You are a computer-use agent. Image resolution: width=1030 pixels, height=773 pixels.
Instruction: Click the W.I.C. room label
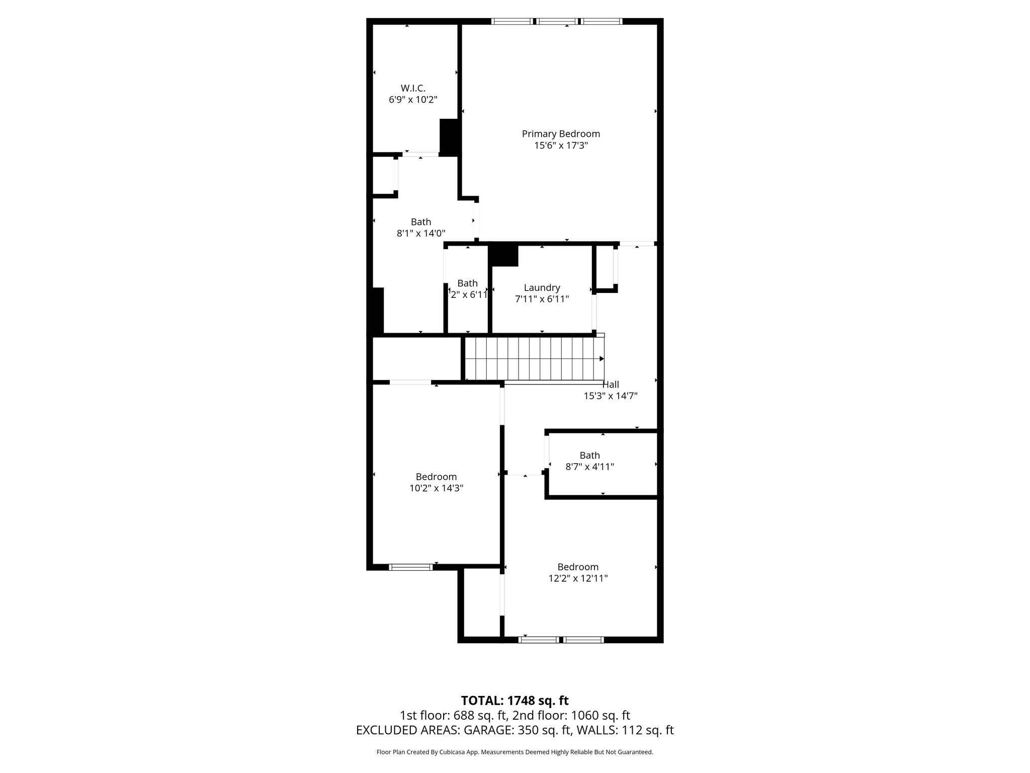click(x=413, y=88)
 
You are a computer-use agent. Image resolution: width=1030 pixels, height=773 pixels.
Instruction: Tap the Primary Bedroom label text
click(x=561, y=134)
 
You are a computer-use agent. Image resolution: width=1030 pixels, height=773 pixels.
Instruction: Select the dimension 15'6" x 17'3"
click(x=561, y=145)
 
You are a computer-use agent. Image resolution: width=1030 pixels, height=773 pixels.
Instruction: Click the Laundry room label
click(x=542, y=287)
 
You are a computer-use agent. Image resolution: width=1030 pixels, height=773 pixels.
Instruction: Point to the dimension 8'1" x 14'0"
click(x=421, y=233)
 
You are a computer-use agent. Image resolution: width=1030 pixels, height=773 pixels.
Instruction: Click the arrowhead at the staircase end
click(x=602, y=359)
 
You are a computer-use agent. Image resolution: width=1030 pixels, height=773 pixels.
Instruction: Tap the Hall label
click(x=611, y=384)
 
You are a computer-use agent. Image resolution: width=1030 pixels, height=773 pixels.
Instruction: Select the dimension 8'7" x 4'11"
click(x=589, y=467)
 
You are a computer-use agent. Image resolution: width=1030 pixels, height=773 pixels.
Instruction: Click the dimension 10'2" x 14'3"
click(x=436, y=488)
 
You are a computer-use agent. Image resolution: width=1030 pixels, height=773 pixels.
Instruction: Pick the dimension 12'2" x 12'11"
click(x=578, y=578)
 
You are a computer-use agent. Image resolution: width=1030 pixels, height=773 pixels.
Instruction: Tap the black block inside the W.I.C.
click(x=450, y=136)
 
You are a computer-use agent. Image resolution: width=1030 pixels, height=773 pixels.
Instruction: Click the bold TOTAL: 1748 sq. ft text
click(x=514, y=701)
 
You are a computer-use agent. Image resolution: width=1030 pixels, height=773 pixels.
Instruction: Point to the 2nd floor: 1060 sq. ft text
click(x=571, y=715)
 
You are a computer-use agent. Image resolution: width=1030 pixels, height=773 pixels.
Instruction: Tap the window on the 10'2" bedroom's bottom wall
click(x=411, y=567)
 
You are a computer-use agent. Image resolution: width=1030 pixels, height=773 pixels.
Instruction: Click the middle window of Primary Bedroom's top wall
click(x=557, y=21)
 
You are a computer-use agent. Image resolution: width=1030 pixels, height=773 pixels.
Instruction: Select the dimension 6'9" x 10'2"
click(x=413, y=100)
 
